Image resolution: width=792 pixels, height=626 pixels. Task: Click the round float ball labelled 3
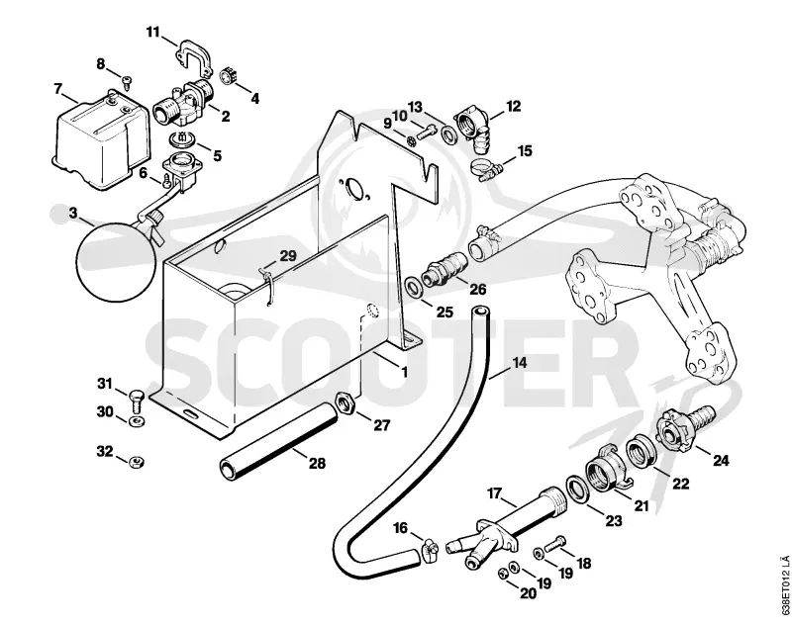tap(116, 261)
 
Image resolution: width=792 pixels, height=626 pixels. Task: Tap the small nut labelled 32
tap(135, 460)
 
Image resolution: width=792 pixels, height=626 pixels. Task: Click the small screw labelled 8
tap(127, 81)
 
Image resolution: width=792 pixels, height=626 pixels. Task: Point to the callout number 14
tap(519, 363)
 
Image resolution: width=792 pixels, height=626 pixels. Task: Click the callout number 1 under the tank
tap(404, 371)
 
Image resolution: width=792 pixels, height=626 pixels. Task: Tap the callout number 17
tap(494, 492)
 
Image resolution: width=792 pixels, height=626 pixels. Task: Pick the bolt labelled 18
tap(554, 544)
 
